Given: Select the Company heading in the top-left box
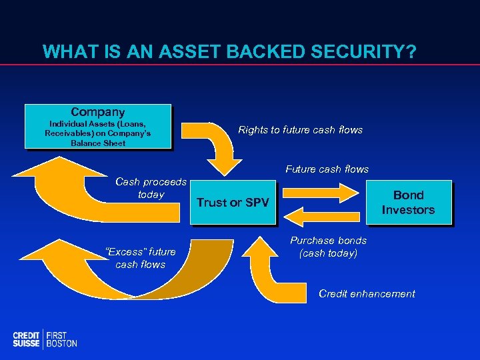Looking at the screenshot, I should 97,112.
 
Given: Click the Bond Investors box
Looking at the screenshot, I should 408,202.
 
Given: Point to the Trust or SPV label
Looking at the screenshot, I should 232,203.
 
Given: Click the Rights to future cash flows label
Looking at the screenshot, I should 300,130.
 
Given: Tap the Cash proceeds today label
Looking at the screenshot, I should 151,188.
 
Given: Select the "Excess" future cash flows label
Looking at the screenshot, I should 141,258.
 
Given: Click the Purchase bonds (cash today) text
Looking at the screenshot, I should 328,247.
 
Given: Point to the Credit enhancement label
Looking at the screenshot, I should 367,294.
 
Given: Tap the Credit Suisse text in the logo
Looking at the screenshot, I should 26,339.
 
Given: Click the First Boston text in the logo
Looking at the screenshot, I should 61,339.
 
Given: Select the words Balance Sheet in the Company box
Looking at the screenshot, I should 97,143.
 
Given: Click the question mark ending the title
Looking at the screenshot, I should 409,51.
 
